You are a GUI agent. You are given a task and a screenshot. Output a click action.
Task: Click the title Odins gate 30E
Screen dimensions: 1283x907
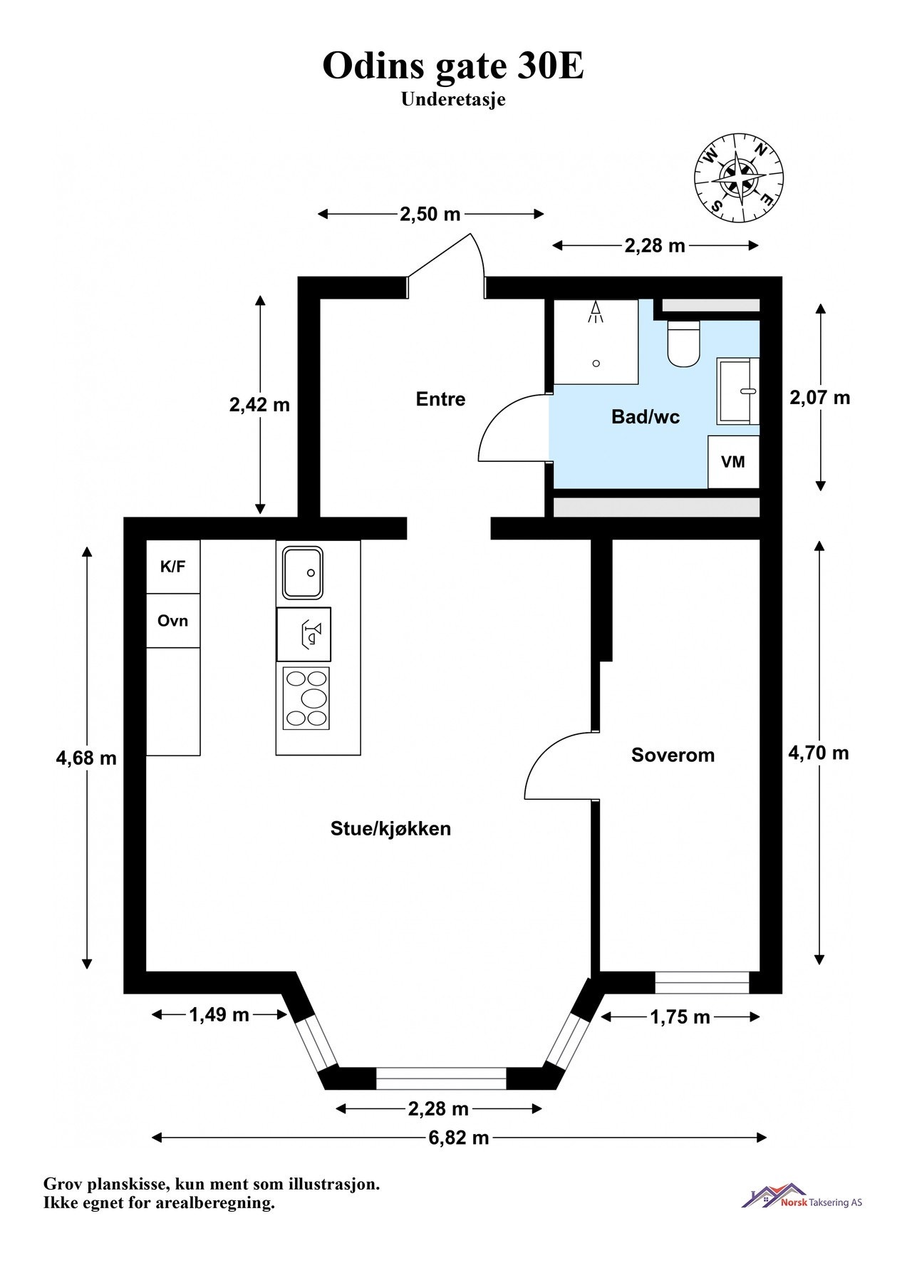tap(453, 66)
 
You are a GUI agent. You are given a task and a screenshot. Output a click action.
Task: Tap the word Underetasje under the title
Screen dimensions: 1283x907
tap(453, 100)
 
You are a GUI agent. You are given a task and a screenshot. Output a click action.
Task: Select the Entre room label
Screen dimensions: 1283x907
tap(440, 399)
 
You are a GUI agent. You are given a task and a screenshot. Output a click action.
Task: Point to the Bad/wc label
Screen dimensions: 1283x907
tap(646, 417)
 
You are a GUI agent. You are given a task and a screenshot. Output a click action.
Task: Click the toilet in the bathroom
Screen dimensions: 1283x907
tap(683, 344)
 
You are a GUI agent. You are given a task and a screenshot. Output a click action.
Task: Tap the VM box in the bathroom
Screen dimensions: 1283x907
tap(733, 462)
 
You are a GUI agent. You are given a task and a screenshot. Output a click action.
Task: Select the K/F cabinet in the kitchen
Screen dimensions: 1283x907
tap(173, 567)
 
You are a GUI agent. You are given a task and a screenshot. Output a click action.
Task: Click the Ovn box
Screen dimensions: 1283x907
tap(173, 621)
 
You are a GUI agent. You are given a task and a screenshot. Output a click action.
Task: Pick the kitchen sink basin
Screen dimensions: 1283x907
tap(303, 572)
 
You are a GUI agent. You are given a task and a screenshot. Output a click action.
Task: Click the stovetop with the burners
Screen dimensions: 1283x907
tap(306, 698)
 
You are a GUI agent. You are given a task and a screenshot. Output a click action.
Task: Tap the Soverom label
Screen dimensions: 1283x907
tap(673, 756)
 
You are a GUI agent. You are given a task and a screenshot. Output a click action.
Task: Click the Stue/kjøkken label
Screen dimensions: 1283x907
tap(390, 829)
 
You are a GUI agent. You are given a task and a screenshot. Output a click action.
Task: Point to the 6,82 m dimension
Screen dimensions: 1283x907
tap(459, 1138)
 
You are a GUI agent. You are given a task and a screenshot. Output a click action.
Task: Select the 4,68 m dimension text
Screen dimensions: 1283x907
tap(86, 758)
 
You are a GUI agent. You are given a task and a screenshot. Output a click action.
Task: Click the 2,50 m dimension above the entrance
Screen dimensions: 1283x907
tap(430, 214)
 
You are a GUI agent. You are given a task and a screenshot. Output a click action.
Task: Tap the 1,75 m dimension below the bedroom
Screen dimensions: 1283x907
tap(680, 1017)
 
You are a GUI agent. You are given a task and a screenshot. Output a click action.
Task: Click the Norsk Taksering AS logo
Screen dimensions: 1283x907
tap(802, 1197)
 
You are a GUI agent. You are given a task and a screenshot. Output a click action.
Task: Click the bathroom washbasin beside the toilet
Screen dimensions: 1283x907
tap(738, 391)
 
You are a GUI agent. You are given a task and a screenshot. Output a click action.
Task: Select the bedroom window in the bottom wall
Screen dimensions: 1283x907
tap(702, 982)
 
